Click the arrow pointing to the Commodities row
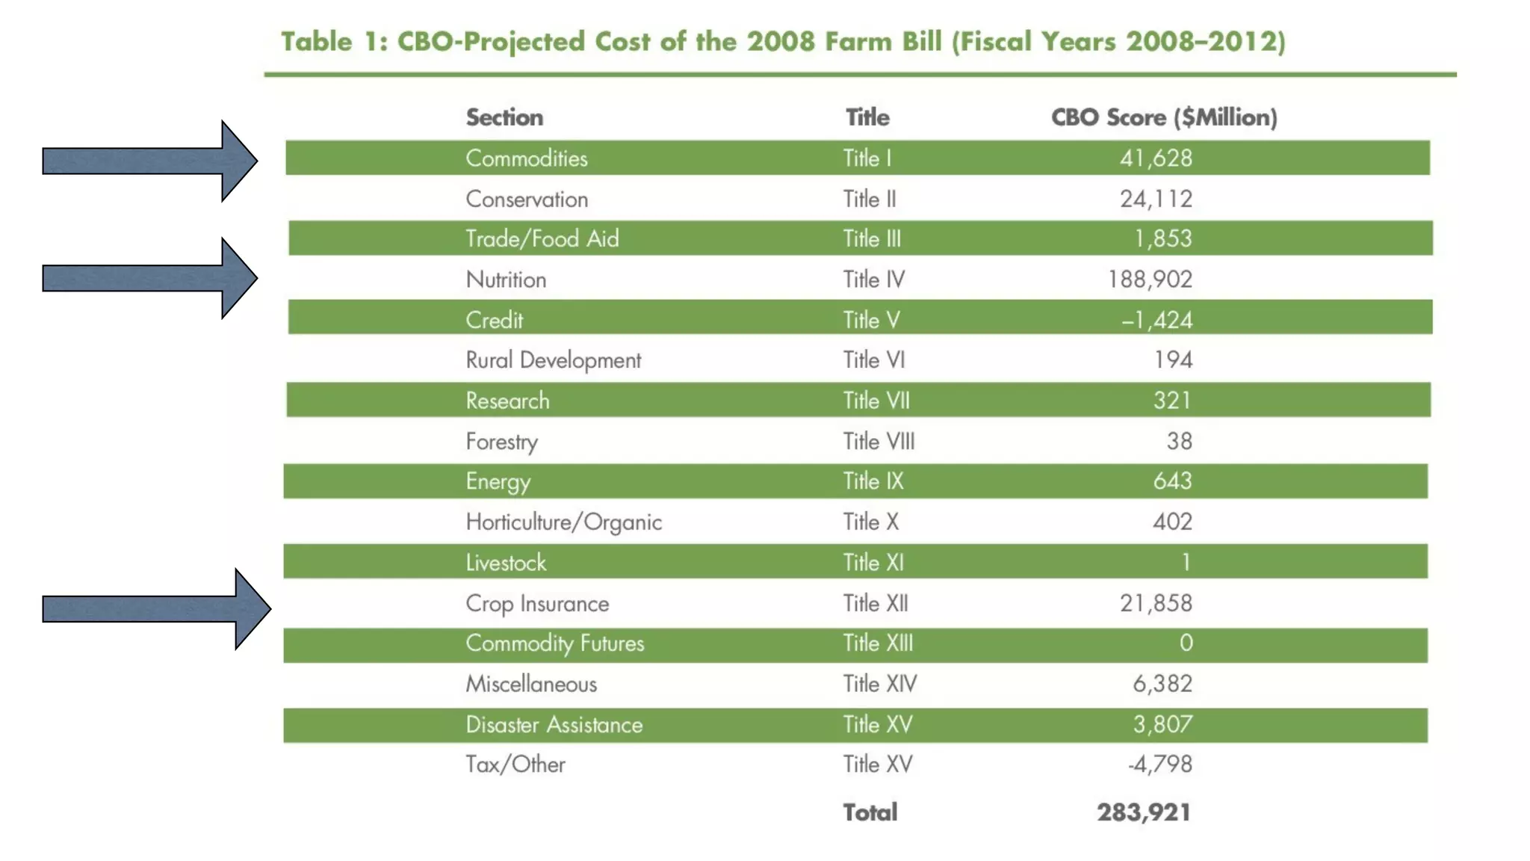149,161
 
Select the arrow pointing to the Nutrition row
149,278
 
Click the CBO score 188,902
1150,280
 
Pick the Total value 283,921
1143,812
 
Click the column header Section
504,117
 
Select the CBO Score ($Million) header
1164,117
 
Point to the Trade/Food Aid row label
542,238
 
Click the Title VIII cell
879,441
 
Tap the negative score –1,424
1156,320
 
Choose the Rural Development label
554,360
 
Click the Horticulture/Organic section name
564,522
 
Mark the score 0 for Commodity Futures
1186,643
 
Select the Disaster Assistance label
554,724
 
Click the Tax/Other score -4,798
1159,764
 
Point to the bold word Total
870,812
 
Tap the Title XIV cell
880,683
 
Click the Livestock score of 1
1186,562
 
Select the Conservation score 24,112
1156,199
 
